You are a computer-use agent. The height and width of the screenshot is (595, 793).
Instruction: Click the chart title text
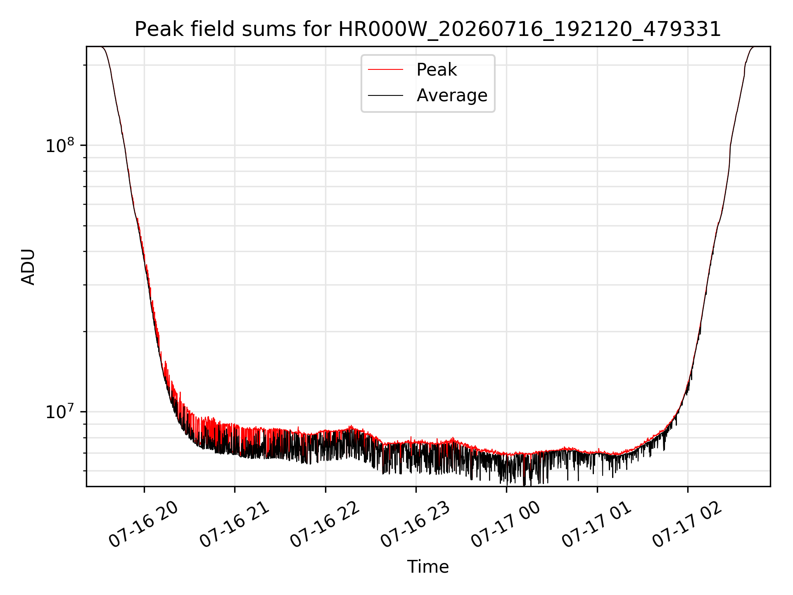pos(428,29)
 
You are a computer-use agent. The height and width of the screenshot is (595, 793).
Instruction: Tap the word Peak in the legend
pos(437,69)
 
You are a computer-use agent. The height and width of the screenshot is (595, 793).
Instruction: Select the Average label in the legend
pos(452,95)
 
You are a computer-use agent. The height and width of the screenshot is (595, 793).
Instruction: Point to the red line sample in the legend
pos(385,69)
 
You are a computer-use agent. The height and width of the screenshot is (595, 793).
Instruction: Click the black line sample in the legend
pos(385,95)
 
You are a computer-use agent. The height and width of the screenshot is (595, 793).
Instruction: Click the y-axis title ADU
pos(28,267)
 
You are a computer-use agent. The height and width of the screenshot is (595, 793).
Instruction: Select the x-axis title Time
pos(428,567)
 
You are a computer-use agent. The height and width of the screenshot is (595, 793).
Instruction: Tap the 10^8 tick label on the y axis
pos(60,145)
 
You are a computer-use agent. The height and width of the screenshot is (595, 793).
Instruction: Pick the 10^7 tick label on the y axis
pos(60,412)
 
